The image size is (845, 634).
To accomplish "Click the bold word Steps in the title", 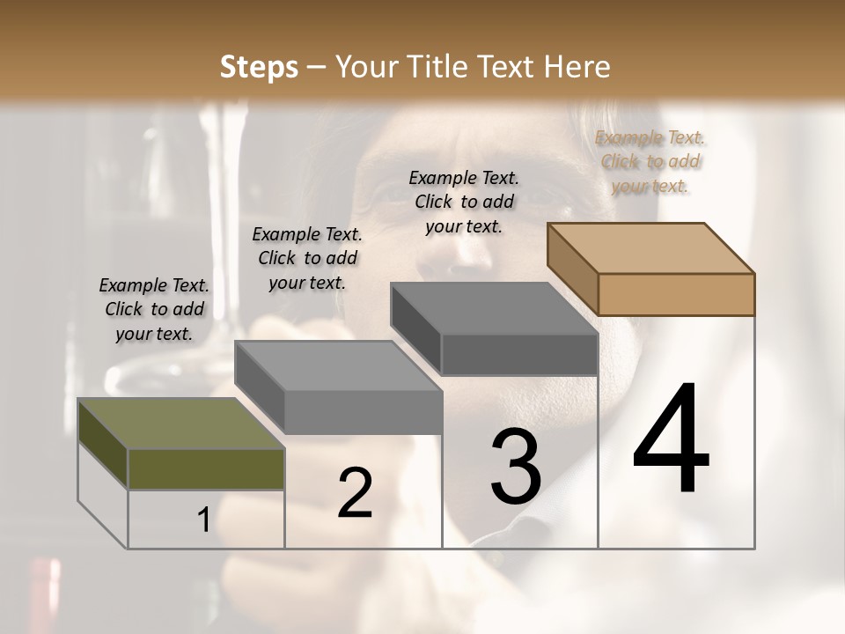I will pyautogui.click(x=259, y=67).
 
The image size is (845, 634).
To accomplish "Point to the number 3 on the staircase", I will pyautogui.click(x=516, y=466).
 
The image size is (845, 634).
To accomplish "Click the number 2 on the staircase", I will pyautogui.click(x=355, y=494).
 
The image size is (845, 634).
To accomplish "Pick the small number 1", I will pyautogui.click(x=203, y=520).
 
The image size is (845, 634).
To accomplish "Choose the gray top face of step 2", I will pyautogui.click(x=338, y=365).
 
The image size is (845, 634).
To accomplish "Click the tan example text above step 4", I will pyautogui.click(x=650, y=161).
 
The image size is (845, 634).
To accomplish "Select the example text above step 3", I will pyautogui.click(x=464, y=202).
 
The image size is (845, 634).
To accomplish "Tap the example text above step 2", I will pyautogui.click(x=307, y=258).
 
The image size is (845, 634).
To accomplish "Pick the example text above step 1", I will pyautogui.click(x=154, y=309).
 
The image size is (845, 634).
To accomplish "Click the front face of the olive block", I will pyautogui.click(x=206, y=468).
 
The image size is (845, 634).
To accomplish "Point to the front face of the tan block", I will pyautogui.click(x=676, y=294).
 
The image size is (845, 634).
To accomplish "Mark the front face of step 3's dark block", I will pyautogui.click(x=519, y=355).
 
